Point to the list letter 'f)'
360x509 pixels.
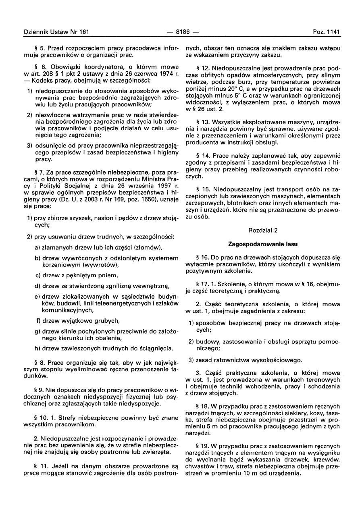38,321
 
